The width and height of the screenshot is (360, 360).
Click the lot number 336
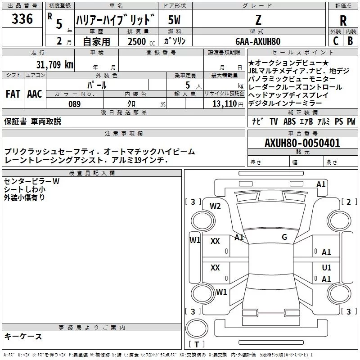pyautogui.click(x=22, y=19)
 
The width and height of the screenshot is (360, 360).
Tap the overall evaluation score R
pyautogui.click(x=343, y=21)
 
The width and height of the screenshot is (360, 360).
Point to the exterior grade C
pyautogui.click(x=335, y=40)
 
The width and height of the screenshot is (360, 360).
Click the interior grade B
pyautogui.click(x=351, y=40)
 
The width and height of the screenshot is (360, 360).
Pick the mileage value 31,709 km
pyautogui.click(x=54, y=64)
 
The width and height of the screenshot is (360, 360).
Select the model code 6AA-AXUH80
pyautogui.click(x=258, y=41)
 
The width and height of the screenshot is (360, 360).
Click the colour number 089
pyautogui.click(x=74, y=104)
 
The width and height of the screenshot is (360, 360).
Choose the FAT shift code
pyautogui.click(x=13, y=94)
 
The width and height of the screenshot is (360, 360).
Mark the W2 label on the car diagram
pyautogui.click(x=215, y=206)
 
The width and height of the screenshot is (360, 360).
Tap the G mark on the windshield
pyautogui.click(x=284, y=237)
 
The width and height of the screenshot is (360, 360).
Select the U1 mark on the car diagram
pyautogui.click(x=327, y=268)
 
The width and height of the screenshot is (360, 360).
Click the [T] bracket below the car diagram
pyautogui.click(x=197, y=344)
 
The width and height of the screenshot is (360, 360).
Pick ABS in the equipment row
pyautogui.click(x=290, y=121)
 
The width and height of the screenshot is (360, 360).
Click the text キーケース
pyautogui.click(x=23, y=336)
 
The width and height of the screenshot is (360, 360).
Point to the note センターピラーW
pyautogui.click(x=31, y=181)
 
